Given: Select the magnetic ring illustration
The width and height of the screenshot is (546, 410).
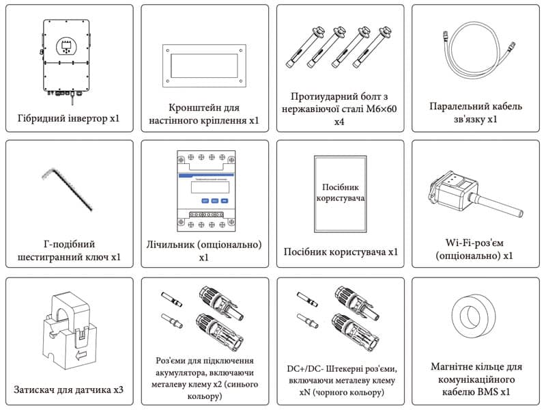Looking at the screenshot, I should (x=476, y=318).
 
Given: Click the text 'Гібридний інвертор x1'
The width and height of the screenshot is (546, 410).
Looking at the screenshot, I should (x=68, y=118).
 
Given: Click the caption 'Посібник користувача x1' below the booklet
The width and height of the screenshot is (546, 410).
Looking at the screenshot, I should (x=340, y=252).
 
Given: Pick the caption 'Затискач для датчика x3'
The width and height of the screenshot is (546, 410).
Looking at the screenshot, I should (x=68, y=390).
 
